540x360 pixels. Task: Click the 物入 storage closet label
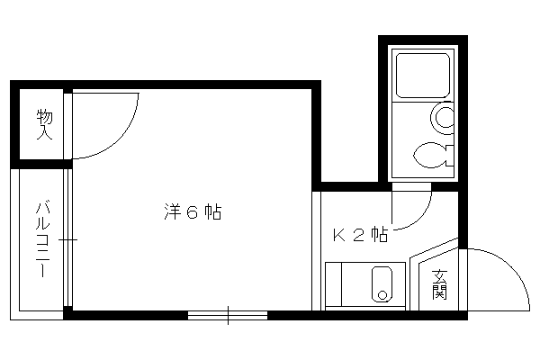(45, 124)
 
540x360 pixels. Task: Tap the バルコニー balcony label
(42, 240)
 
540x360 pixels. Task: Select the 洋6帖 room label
(193, 211)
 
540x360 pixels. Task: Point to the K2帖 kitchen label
(360, 235)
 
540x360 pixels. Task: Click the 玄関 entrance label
(440, 284)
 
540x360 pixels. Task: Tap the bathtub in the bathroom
(423, 75)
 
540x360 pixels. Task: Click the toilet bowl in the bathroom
(432, 155)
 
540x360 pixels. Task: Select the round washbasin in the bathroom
(442, 117)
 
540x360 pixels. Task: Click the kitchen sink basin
(382, 283)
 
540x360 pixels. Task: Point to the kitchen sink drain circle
(382, 295)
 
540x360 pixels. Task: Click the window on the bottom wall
(228, 315)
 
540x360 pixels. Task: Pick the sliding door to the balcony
(67, 239)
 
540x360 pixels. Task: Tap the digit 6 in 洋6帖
(193, 212)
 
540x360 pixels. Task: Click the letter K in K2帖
(339, 235)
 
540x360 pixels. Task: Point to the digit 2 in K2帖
(359, 236)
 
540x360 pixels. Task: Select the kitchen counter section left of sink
(333, 283)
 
